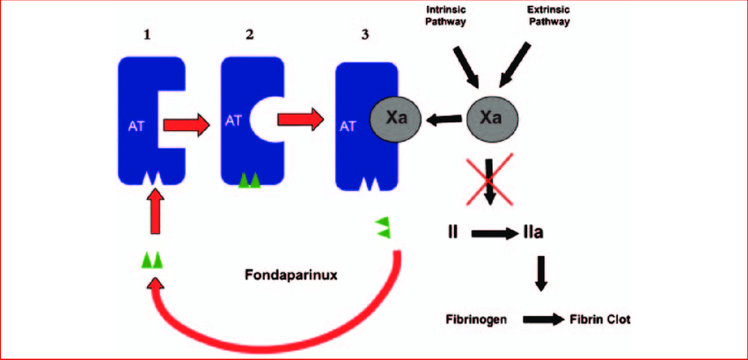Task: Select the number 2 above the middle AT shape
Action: tap(251, 36)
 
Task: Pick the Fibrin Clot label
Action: tap(600, 320)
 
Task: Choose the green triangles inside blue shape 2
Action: tap(251, 180)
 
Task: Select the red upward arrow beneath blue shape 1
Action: tap(155, 211)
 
